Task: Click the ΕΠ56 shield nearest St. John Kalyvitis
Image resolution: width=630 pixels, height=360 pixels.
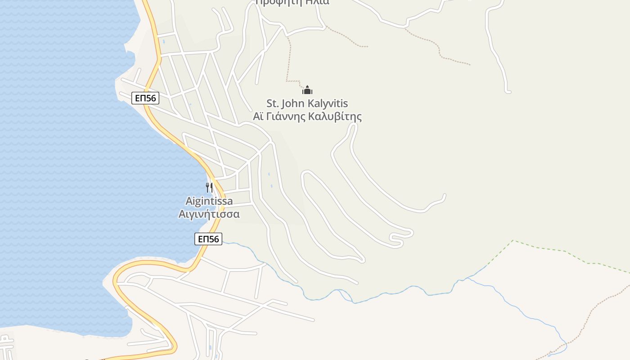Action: [145, 98]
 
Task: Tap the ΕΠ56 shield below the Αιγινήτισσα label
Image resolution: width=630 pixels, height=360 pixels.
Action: [208, 239]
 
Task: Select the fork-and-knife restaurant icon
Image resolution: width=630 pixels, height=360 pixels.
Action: [209, 187]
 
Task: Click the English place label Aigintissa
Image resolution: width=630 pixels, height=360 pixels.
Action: [209, 201]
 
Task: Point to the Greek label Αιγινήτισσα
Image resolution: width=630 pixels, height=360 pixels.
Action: [209, 214]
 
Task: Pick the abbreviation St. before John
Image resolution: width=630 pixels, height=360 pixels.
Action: [273, 104]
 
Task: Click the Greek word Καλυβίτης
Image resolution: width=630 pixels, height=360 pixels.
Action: [335, 117]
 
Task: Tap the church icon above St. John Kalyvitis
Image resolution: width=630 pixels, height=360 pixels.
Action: [307, 90]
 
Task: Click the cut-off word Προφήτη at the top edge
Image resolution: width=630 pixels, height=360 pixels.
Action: [272, 2]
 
